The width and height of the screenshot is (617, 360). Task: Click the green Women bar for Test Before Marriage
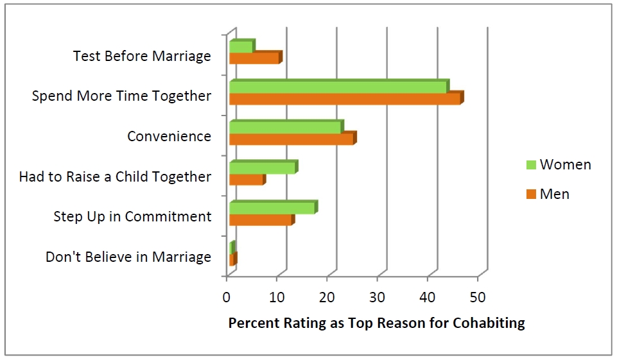pyautogui.click(x=241, y=47)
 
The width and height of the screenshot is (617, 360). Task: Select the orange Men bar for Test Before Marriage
pyautogui.click(x=254, y=58)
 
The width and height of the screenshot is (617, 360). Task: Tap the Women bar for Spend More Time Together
pyautogui.click(x=338, y=87)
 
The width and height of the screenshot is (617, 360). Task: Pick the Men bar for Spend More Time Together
pyautogui.click(x=345, y=99)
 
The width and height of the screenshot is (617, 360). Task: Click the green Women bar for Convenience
pyautogui.click(x=285, y=127)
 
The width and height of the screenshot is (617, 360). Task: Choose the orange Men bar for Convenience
pyautogui.click(x=291, y=139)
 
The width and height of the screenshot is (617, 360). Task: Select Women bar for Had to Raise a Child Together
pyautogui.click(x=262, y=168)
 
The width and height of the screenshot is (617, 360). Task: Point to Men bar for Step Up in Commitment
pyautogui.click(x=261, y=220)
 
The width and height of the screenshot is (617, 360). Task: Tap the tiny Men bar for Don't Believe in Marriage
pyautogui.click(x=232, y=260)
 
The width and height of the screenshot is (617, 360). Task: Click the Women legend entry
pyautogui.click(x=558, y=164)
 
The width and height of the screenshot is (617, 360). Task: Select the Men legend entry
pyautogui.click(x=547, y=194)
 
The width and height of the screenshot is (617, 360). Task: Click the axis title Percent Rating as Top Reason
pyautogui.click(x=376, y=323)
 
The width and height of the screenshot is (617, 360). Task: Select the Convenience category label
pyautogui.click(x=169, y=136)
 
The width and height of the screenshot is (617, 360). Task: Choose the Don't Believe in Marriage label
pyautogui.click(x=128, y=257)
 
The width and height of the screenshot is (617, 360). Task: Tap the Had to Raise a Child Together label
pyautogui.click(x=115, y=176)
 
